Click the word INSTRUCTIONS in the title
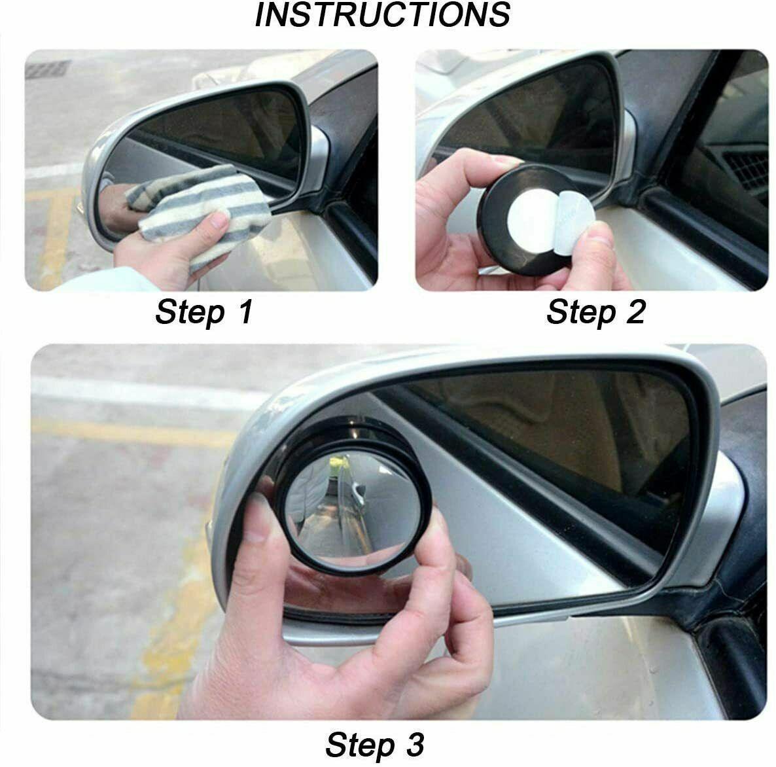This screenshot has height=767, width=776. tap(382, 14)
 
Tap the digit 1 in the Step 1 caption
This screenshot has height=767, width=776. tap(245, 312)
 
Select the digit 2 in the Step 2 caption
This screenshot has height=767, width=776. tap(636, 312)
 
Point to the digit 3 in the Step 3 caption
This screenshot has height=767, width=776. tap(415, 744)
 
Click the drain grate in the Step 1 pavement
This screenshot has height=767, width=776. tap(48, 69)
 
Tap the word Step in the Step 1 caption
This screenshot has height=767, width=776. tap(190, 312)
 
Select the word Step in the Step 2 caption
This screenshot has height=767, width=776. tap(581, 312)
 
